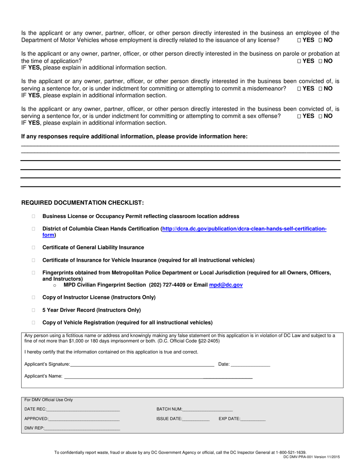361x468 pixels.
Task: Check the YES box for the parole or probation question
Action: coord(299,61)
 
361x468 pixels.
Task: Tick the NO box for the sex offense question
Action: coord(320,116)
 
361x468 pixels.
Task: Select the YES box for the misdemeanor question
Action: coord(299,89)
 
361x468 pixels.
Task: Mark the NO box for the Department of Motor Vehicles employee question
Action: coord(320,40)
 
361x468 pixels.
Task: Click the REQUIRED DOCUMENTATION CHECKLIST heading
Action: coord(82,203)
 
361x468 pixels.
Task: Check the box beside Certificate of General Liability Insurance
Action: coord(33,248)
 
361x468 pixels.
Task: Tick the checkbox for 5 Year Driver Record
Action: coord(33,310)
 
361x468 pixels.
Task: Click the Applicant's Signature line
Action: coord(142,365)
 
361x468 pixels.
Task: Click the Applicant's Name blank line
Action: coord(158,376)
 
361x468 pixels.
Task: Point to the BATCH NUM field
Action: coord(207,409)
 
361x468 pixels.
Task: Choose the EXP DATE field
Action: coord(253,419)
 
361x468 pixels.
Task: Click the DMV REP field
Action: coord(82,429)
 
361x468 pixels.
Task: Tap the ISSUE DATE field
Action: coord(196,419)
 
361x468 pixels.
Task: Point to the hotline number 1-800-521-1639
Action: coord(291,452)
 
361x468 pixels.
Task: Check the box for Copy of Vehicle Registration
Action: coord(33,323)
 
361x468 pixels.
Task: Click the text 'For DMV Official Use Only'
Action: coord(48,400)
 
